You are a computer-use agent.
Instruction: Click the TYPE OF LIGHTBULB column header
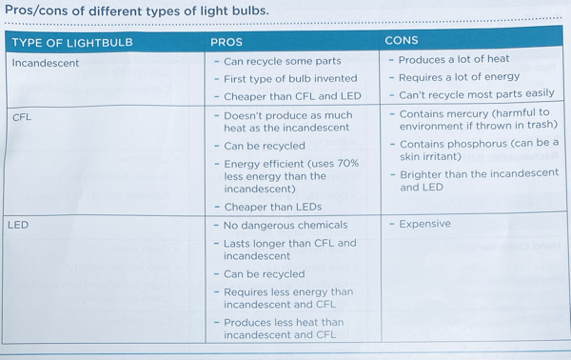click(x=72, y=43)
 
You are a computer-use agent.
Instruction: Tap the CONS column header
click(x=401, y=41)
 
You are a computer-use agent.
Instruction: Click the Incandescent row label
click(x=46, y=63)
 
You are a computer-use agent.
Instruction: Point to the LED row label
click(x=18, y=226)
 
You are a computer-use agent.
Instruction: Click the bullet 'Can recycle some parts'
click(x=282, y=61)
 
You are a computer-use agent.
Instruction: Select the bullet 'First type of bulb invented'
click(x=290, y=78)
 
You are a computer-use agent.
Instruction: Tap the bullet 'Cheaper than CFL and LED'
click(x=292, y=96)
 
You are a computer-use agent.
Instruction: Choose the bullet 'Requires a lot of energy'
click(x=459, y=77)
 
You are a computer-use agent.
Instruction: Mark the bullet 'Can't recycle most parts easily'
click(x=476, y=94)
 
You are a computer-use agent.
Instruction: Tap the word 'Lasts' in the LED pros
click(x=240, y=244)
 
